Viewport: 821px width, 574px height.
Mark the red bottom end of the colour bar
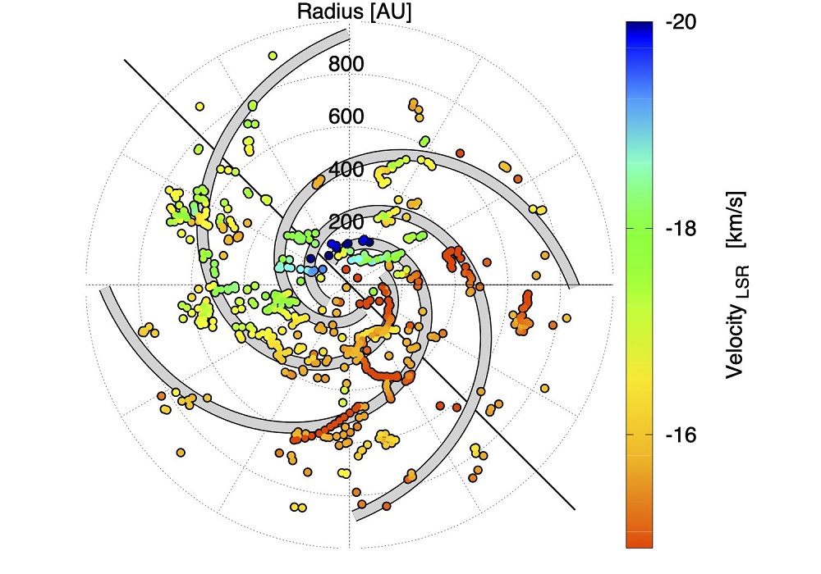pos(640,541)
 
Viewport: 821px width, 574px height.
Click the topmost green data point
pos(273,56)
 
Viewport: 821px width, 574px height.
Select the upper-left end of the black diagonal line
pos(125,60)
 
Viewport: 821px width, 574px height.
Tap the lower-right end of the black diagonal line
pos(574,509)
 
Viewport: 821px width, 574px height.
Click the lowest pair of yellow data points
pos(297,508)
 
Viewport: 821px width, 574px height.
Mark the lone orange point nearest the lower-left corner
pos(181,452)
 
